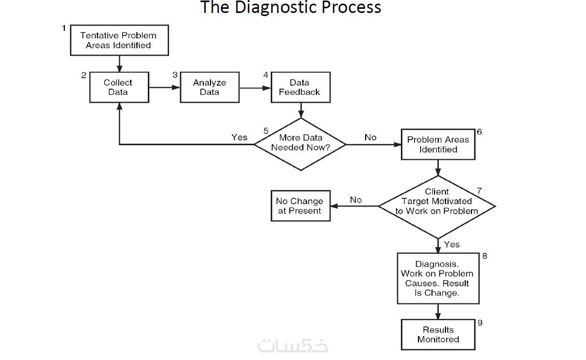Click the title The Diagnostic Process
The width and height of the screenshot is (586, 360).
(290, 8)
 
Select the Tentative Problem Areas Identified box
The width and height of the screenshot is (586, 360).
(119, 40)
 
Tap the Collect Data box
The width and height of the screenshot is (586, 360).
(119, 87)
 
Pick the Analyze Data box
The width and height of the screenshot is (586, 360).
(210, 87)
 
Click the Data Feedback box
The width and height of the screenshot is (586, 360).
(300, 87)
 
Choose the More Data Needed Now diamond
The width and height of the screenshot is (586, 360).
(300, 144)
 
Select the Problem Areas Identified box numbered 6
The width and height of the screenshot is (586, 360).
(438, 144)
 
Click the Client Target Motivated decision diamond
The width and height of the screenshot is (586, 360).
(437, 206)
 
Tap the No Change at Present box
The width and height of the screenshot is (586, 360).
(300, 206)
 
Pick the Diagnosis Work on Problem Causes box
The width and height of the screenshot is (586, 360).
(438, 279)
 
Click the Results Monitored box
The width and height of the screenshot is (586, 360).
(438, 335)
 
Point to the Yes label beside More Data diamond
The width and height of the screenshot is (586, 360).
(239, 137)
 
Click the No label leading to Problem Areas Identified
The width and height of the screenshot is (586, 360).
(370, 137)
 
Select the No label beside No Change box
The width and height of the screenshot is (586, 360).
(356, 200)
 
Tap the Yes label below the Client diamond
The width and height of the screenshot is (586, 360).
(452, 244)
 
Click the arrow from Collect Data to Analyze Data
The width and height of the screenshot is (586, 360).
(164, 88)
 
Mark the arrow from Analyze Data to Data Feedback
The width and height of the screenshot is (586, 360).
(255, 88)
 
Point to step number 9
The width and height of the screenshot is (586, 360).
(480, 323)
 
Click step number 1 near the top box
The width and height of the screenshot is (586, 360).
(64, 28)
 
